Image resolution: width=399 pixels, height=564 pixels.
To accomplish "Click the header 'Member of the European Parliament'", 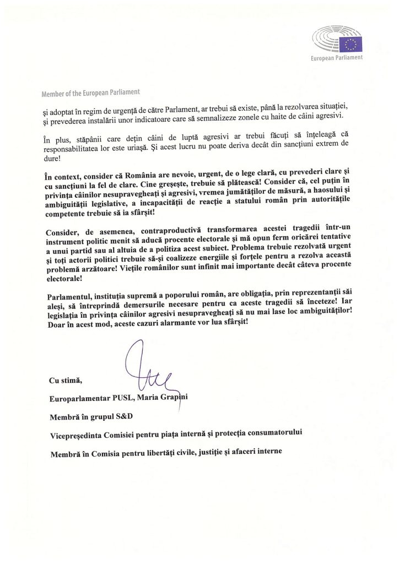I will click(90, 92).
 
